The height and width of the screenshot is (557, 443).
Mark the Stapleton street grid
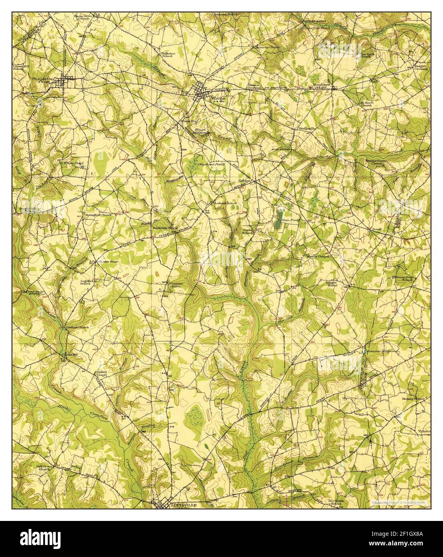coord(62,82)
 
